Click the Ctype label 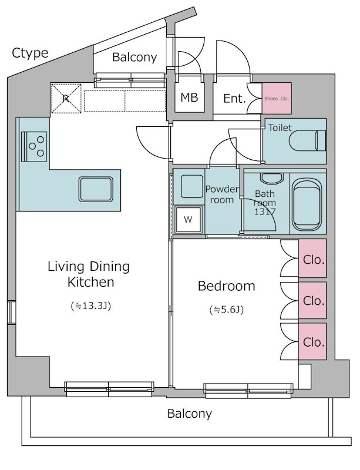point(30,53)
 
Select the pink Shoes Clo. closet point(277,98)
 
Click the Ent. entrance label point(234,98)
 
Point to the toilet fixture point(308,140)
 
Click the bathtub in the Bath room point(307,204)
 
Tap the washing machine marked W point(189,219)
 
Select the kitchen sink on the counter point(96,189)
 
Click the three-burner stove point(34,146)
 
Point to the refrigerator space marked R point(66,98)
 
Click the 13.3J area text point(91,306)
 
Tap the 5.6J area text point(227,310)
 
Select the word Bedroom point(227,286)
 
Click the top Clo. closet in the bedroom point(312,258)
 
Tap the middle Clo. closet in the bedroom point(312,300)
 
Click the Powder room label point(222,194)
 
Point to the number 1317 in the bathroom point(265,211)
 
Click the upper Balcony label point(134,57)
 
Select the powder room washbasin point(192,186)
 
